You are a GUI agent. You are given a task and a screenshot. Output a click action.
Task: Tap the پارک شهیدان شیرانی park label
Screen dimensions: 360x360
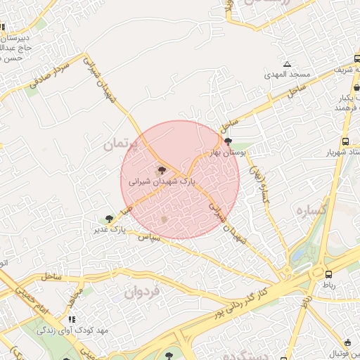[161, 181]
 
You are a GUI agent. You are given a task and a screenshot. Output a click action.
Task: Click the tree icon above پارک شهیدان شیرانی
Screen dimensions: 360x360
[162, 170]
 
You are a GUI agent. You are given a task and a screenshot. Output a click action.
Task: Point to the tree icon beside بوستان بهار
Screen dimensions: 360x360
[227, 141]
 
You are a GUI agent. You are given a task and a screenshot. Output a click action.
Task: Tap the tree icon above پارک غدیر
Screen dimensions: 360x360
[109, 219]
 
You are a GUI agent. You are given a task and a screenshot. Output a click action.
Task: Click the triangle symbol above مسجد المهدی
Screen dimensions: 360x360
[286, 64]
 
